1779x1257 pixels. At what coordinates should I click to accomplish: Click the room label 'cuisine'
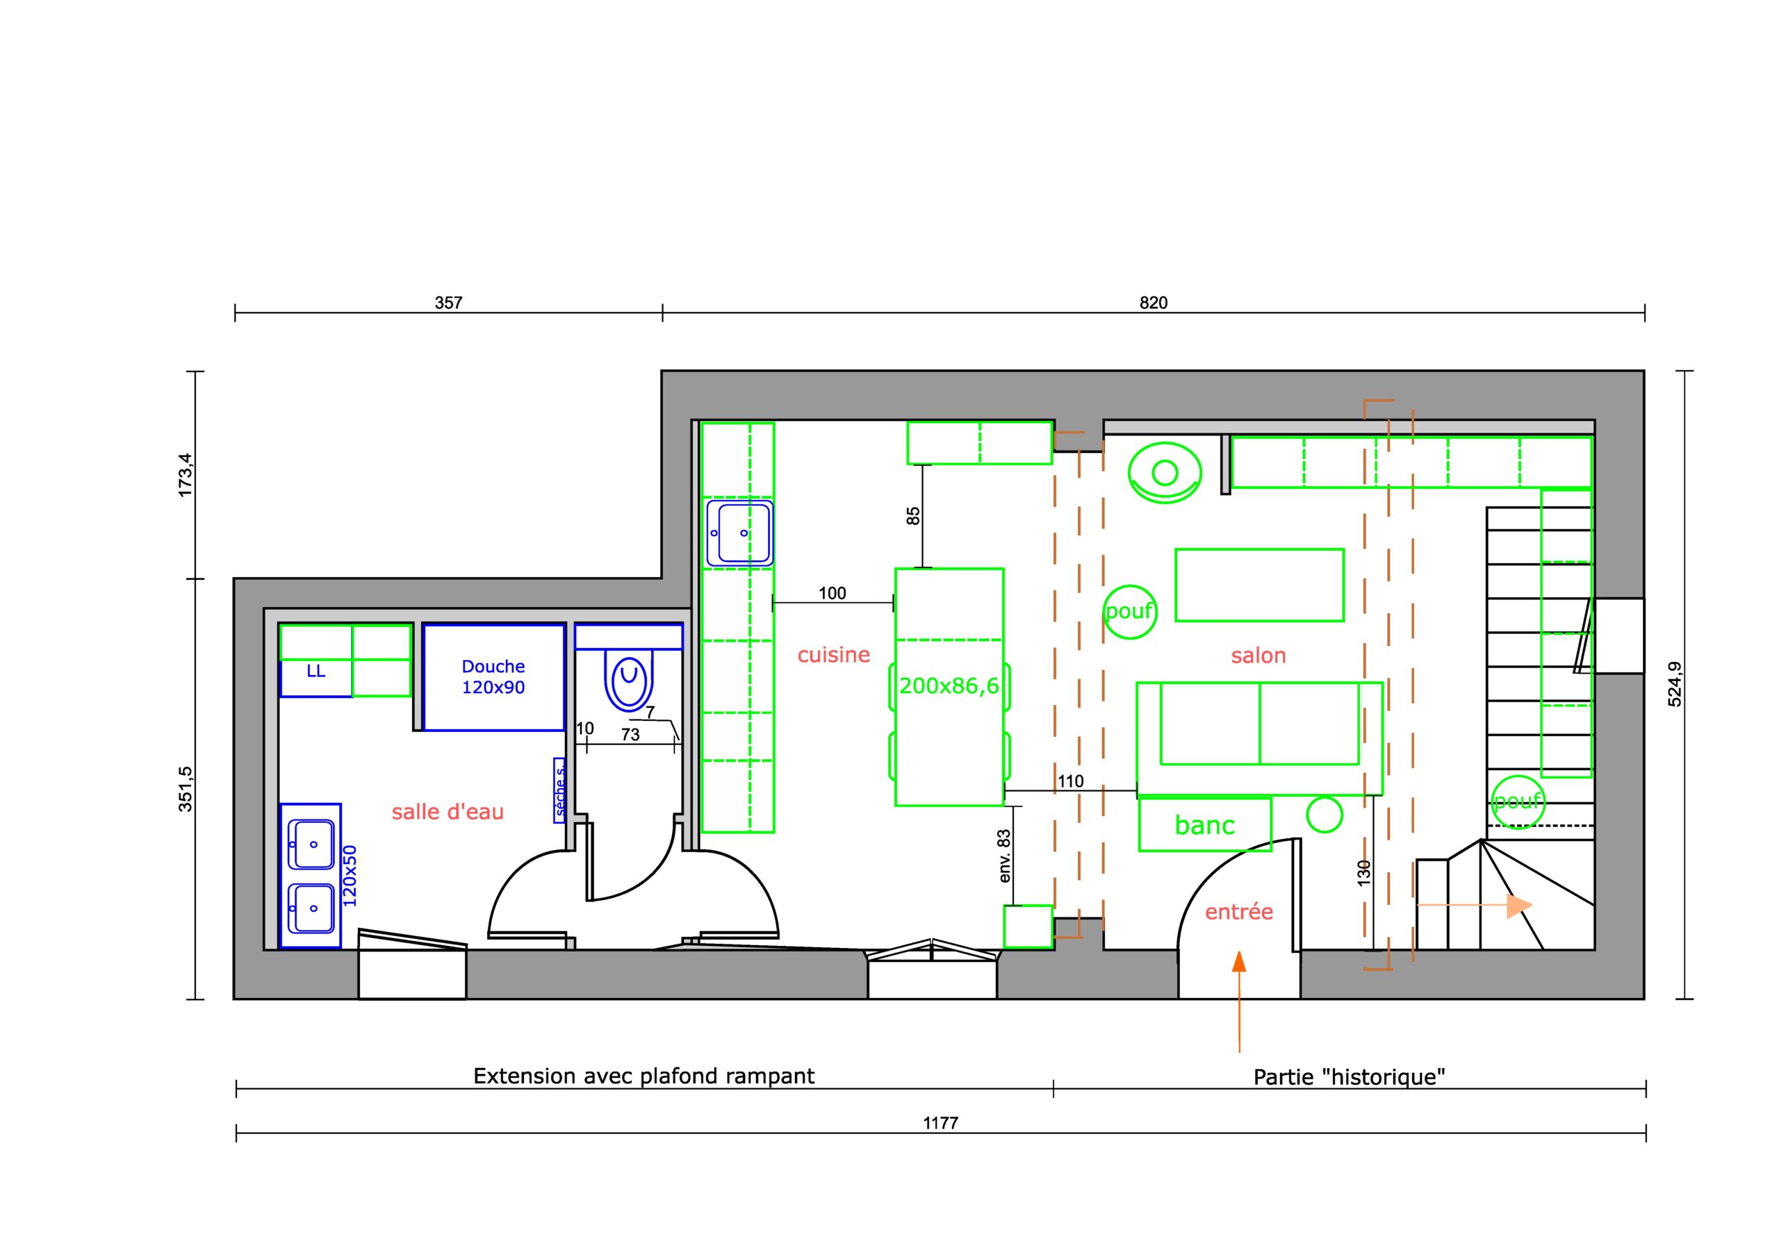pyautogui.click(x=834, y=655)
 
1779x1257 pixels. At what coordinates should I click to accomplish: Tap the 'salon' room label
pyautogui.click(x=1259, y=656)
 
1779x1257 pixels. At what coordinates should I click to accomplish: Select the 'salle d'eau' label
pyautogui.click(x=448, y=812)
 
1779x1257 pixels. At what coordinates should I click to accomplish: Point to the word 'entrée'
pyautogui.click(x=1239, y=912)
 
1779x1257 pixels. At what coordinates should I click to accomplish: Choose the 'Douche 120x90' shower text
pyautogui.click(x=493, y=677)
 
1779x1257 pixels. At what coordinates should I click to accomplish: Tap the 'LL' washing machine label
pyautogui.click(x=316, y=671)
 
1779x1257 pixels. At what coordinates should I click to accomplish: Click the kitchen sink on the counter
pyautogui.click(x=740, y=533)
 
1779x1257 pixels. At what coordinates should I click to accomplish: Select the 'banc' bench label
pyautogui.click(x=1205, y=826)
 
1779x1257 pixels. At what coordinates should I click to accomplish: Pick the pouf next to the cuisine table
pyautogui.click(x=1130, y=612)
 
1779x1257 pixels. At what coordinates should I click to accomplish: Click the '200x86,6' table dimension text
pyautogui.click(x=949, y=685)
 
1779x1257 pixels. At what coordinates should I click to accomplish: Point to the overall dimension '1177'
pyautogui.click(x=941, y=1123)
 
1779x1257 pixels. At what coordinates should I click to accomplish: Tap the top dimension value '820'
pyautogui.click(x=1153, y=303)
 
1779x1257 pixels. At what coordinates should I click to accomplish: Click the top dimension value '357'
pyautogui.click(x=449, y=303)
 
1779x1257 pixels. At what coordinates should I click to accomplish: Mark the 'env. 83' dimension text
pyautogui.click(x=1005, y=856)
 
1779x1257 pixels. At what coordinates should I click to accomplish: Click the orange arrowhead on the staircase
pyautogui.click(x=1519, y=906)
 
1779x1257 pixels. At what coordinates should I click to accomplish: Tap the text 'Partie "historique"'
pyautogui.click(x=1350, y=1077)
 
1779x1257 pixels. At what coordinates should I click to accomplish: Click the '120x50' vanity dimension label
pyautogui.click(x=350, y=876)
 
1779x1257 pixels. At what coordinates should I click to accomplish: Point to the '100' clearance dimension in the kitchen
pyautogui.click(x=832, y=593)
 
